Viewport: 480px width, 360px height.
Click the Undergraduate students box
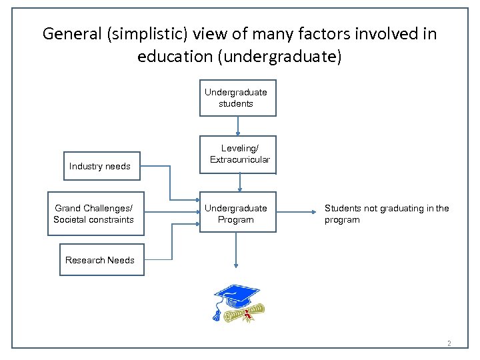tap(236, 98)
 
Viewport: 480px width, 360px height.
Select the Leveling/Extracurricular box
tap(239, 154)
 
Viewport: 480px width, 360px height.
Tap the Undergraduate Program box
tap(236, 214)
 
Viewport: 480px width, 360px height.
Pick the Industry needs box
tap(100, 166)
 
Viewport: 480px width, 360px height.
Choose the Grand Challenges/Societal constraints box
tap(94, 214)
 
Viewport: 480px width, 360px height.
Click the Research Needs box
tap(100, 260)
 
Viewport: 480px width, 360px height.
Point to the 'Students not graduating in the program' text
tap(387, 214)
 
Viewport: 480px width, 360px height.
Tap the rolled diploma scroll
tap(244, 314)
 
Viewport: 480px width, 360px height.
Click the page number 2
tap(449, 344)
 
